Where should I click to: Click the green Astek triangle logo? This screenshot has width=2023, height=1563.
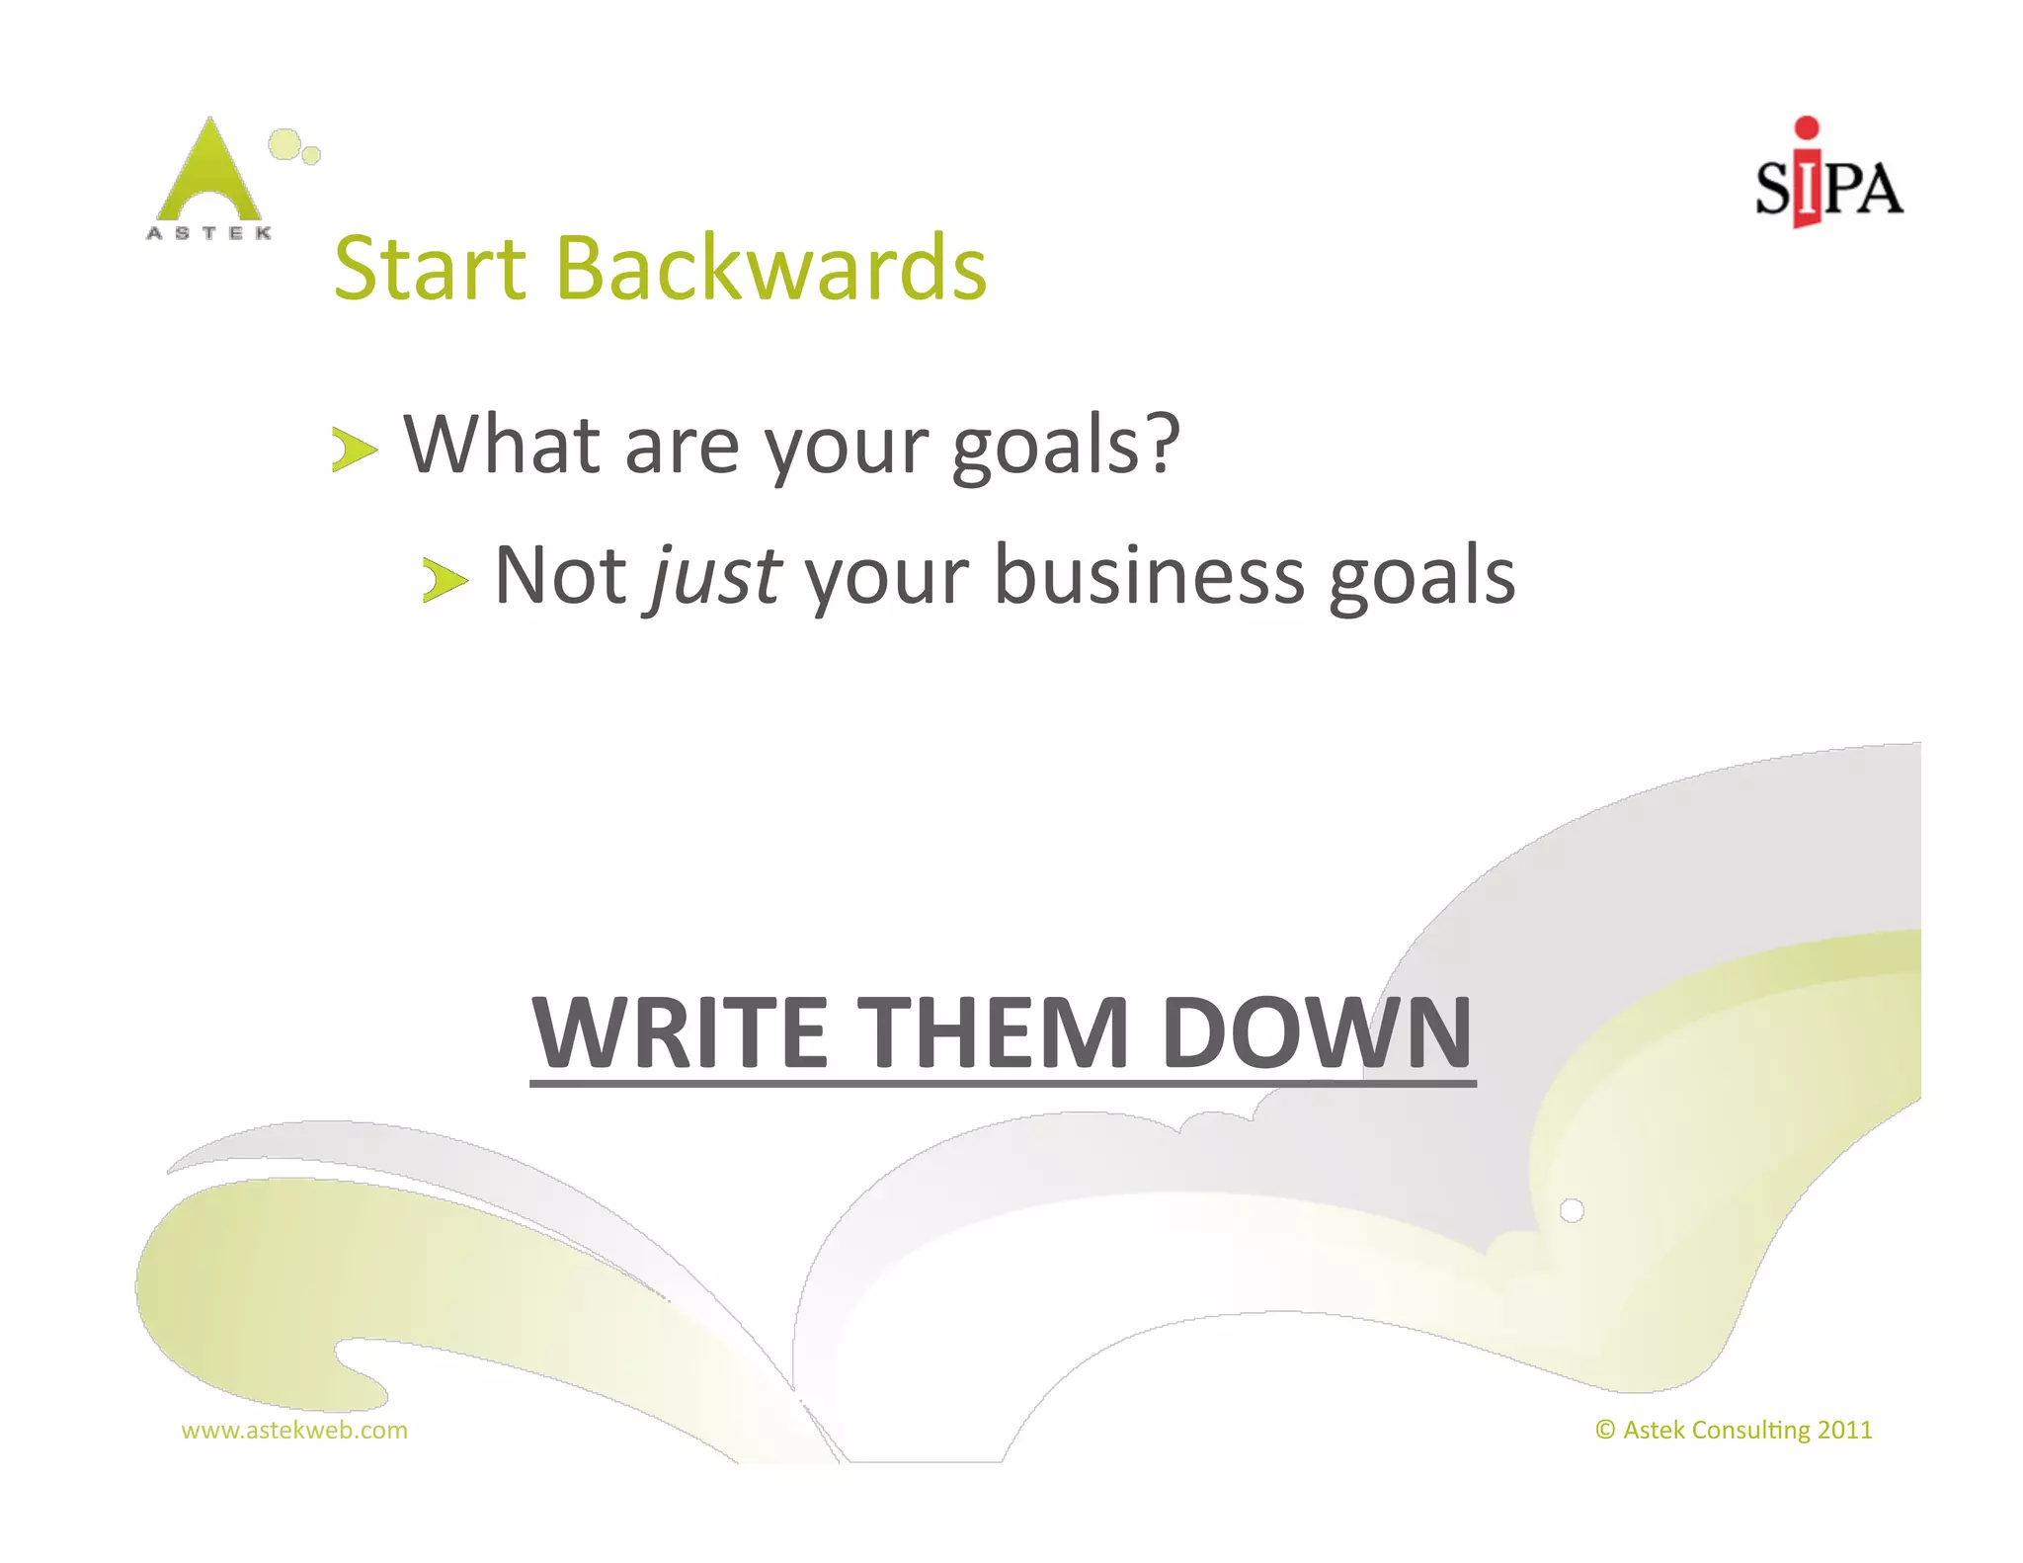coord(209,173)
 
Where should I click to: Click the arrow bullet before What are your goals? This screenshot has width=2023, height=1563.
coord(354,450)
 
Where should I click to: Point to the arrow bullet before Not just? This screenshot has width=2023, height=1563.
coord(445,579)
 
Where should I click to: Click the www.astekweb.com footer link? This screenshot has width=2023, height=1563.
coord(294,1430)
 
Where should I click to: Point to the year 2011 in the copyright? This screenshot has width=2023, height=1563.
coord(1844,1430)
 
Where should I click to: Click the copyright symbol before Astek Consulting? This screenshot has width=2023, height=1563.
coord(1605,1430)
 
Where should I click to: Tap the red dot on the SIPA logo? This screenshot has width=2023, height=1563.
coord(1807,127)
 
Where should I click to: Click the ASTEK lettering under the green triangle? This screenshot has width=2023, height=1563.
coord(209,233)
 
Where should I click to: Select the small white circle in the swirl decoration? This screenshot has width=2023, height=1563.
coord(1572,1210)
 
